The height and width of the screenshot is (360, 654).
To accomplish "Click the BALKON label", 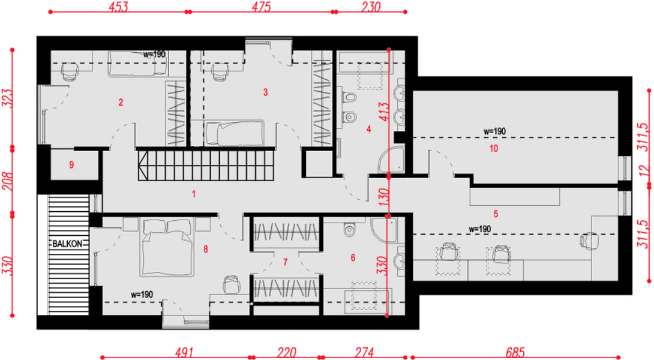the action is (67, 244).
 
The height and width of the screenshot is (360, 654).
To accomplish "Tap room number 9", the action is (71, 165).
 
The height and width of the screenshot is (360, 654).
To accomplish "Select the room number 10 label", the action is (494, 148).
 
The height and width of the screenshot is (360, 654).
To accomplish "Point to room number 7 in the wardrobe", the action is (285, 262).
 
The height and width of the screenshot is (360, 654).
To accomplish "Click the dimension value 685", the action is (515, 352).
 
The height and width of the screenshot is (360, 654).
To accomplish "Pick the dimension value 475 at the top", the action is (262, 7).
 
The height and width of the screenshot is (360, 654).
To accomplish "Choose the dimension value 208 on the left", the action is (8, 181).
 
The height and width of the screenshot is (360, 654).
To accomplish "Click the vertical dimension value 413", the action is (385, 112).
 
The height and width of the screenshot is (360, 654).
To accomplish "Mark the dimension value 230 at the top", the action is (371, 7).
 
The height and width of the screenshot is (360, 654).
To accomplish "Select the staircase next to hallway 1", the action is (206, 166).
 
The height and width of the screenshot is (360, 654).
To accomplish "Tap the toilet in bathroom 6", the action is (349, 229).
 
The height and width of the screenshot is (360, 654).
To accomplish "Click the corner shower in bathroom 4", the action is (391, 160).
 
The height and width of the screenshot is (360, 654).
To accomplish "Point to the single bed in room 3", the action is (235, 133).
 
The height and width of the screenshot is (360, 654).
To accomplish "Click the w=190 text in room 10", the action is (494, 131).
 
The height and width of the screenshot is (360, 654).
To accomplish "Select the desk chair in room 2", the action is (70, 72).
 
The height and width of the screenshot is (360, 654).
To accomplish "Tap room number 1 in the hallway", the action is (194, 194).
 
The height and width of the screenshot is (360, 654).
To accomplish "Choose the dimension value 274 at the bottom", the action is (364, 352).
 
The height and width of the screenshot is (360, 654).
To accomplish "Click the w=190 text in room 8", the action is (142, 295).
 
